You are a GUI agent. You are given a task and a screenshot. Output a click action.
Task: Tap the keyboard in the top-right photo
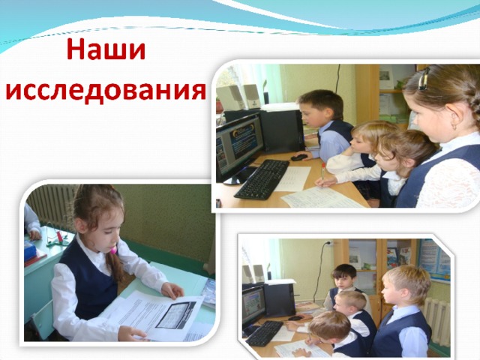[262, 180]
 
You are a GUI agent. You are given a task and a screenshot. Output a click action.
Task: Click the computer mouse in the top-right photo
[299, 157]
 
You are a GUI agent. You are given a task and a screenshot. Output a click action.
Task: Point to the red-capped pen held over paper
[322, 173]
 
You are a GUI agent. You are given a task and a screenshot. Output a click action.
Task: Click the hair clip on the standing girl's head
[424, 78]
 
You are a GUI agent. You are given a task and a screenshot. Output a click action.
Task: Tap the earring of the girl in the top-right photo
[454, 125]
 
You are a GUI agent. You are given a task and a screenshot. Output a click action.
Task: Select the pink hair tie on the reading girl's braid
[113, 250]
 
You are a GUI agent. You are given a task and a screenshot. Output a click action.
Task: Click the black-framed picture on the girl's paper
[175, 314]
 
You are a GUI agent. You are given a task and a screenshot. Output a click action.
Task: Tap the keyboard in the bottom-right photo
[265, 333]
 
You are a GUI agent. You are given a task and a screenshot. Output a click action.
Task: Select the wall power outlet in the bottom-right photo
[328, 243]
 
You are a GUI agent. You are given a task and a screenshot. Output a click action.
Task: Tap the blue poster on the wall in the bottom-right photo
[434, 260]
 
